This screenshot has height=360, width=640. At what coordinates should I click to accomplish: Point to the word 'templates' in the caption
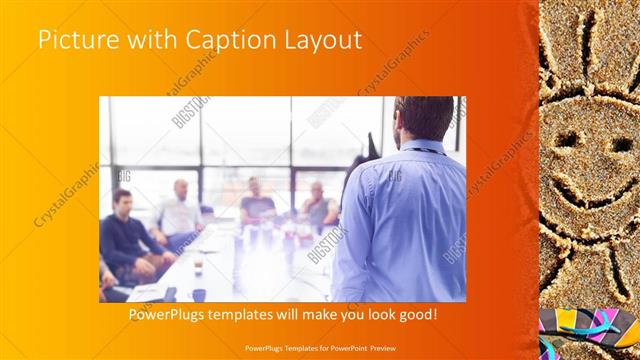click(x=261, y=314)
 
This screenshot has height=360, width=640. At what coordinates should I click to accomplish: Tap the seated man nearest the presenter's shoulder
click(x=319, y=205)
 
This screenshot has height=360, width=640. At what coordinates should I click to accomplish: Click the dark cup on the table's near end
click(x=199, y=295)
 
